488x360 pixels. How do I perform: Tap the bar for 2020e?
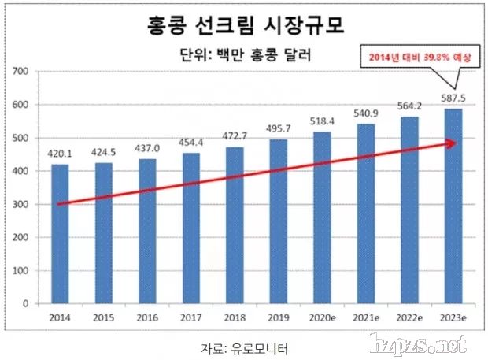(322, 217)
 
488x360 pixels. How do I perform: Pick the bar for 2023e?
(453, 206)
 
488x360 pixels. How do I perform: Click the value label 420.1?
(61, 155)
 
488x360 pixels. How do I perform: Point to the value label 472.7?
(235, 137)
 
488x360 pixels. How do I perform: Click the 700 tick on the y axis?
(21, 72)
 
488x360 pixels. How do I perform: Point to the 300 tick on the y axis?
(21, 204)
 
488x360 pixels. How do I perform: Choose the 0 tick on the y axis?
(26, 303)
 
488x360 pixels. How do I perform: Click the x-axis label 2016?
(147, 318)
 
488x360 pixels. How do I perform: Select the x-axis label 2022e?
(409, 318)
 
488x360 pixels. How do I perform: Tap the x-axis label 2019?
(279, 318)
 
